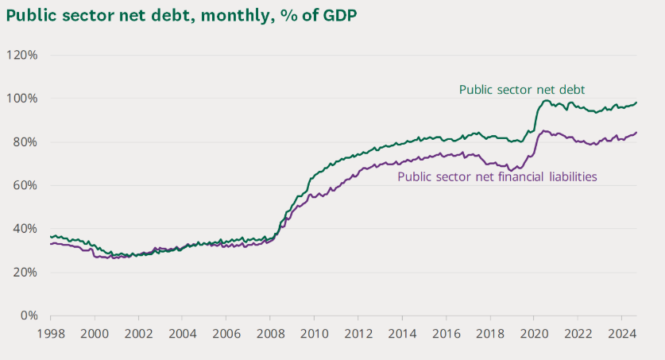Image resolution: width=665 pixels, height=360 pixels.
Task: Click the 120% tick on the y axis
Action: point(22,55)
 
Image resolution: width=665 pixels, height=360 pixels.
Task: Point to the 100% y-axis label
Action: point(22,99)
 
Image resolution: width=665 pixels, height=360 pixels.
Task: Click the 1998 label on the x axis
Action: point(51,333)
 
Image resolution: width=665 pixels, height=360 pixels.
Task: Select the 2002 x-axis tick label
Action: point(138,333)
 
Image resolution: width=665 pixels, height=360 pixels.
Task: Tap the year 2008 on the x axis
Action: point(270,333)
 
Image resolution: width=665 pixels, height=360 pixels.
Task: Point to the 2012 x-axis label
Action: point(358,333)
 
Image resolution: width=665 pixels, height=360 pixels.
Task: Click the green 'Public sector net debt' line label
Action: point(522,89)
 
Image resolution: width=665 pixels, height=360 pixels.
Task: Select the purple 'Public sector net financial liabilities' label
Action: point(497,176)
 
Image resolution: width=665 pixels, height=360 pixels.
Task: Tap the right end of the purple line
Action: point(636,133)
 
